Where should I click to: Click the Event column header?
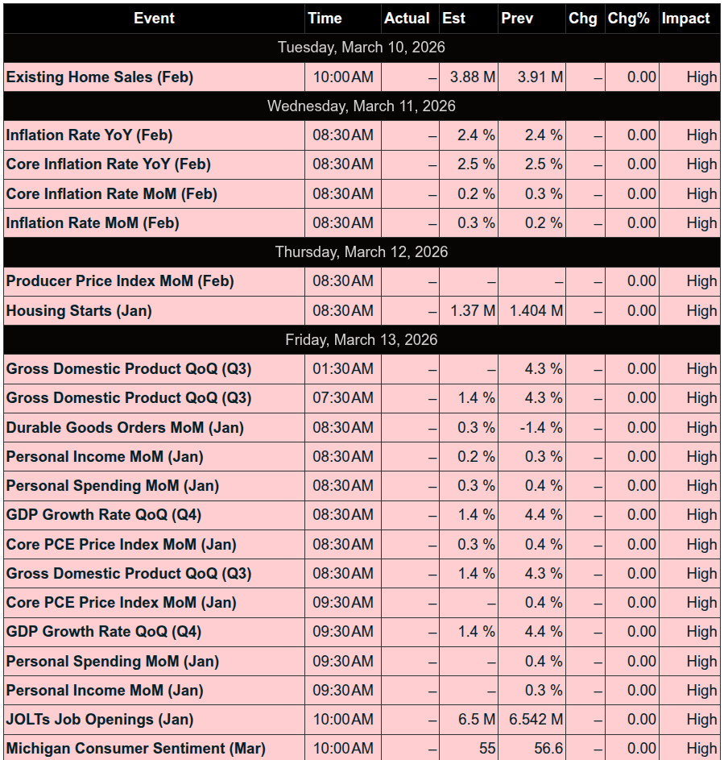(x=154, y=18)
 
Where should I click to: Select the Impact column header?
(x=685, y=18)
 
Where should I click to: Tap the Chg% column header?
(x=628, y=18)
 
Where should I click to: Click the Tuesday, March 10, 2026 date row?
(x=362, y=48)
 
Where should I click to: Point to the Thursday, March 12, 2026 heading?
(x=362, y=252)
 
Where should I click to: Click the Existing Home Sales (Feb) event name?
(x=100, y=77)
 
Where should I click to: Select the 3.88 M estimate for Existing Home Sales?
(x=473, y=77)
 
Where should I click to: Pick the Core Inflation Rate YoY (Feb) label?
(x=109, y=164)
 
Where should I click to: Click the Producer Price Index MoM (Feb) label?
(x=120, y=281)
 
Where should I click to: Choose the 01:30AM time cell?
(x=343, y=369)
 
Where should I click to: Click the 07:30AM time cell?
(x=343, y=398)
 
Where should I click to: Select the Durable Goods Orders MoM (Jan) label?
(x=125, y=428)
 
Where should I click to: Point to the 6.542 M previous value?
(x=536, y=720)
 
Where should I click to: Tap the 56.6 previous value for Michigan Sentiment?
(x=548, y=749)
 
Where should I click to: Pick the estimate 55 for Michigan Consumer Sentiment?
(x=486, y=749)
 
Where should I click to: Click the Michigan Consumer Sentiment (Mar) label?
(x=136, y=749)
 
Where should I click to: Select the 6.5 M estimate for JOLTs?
(x=476, y=720)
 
